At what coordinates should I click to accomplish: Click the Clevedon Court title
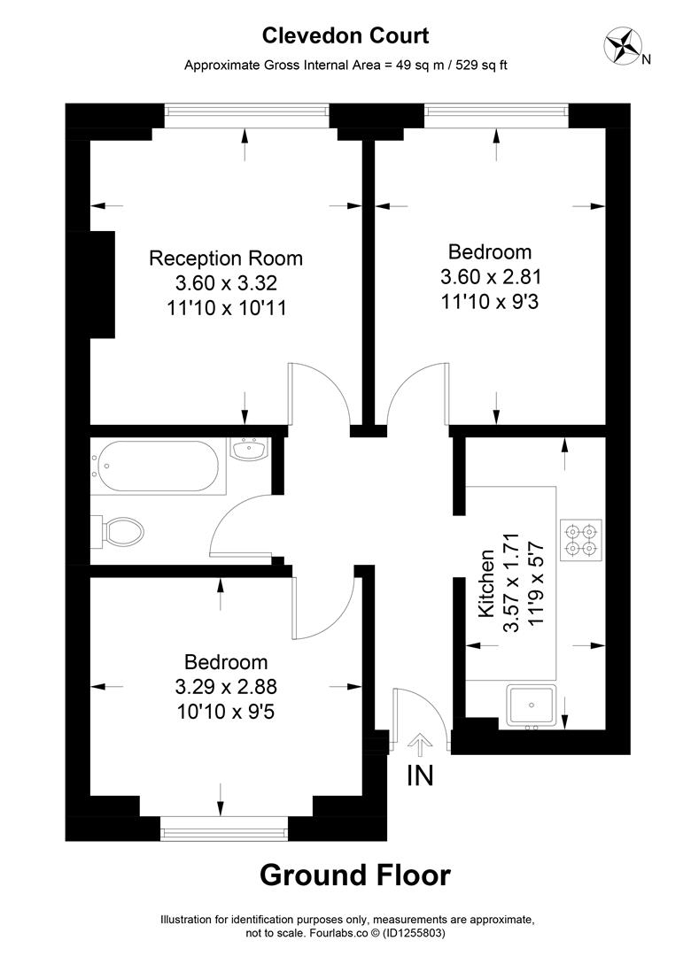[x=345, y=35]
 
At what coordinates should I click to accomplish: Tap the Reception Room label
[x=226, y=258]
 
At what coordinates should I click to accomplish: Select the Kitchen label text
[x=485, y=583]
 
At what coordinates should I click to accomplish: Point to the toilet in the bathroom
[x=122, y=533]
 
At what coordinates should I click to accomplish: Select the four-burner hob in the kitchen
[x=580, y=540]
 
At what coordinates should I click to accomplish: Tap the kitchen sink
[x=532, y=706]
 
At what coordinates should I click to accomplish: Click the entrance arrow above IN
[x=420, y=743]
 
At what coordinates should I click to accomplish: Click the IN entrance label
[x=420, y=775]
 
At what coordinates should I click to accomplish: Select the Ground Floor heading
[x=354, y=875]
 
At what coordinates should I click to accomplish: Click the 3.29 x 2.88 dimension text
[x=226, y=686]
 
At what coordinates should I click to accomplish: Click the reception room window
[x=246, y=111]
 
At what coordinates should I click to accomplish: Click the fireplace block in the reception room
[x=102, y=283]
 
